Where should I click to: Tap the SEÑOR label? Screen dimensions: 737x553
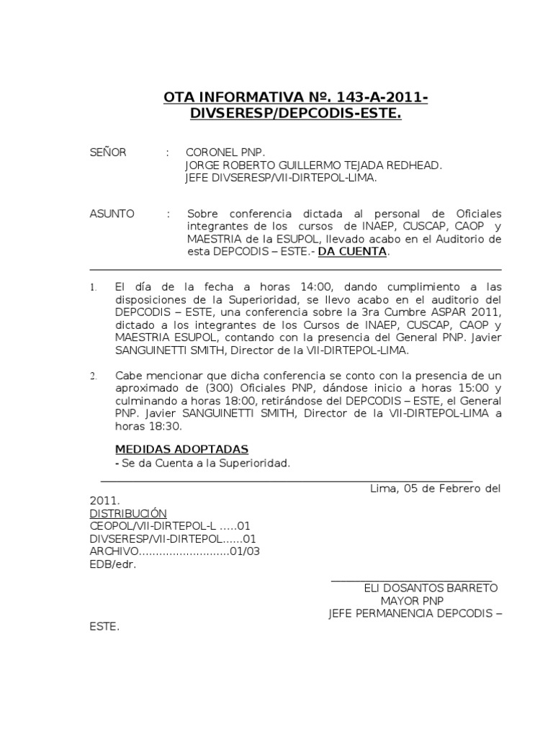pyautogui.click(x=108, y=153)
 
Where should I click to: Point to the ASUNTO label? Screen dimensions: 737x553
pyautogui.click(x=112, y=214)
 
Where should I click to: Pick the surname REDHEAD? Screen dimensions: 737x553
pyautogui.click(x=412, y=165)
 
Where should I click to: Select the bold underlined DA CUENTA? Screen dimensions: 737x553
pyautogui.click(x=353, y=251)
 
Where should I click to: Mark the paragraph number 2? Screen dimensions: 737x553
pyautogui.click(x=93, y=376)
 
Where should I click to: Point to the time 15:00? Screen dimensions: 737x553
pyautogui.click(x=457, y=389)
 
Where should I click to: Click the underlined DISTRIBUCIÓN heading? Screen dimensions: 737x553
pyautogui.click(x=128, y=513)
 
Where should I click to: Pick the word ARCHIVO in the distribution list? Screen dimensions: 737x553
pyautogui.click(x=113, y=551)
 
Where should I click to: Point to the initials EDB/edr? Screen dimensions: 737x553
pyautogui.click(x=113, y=564)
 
